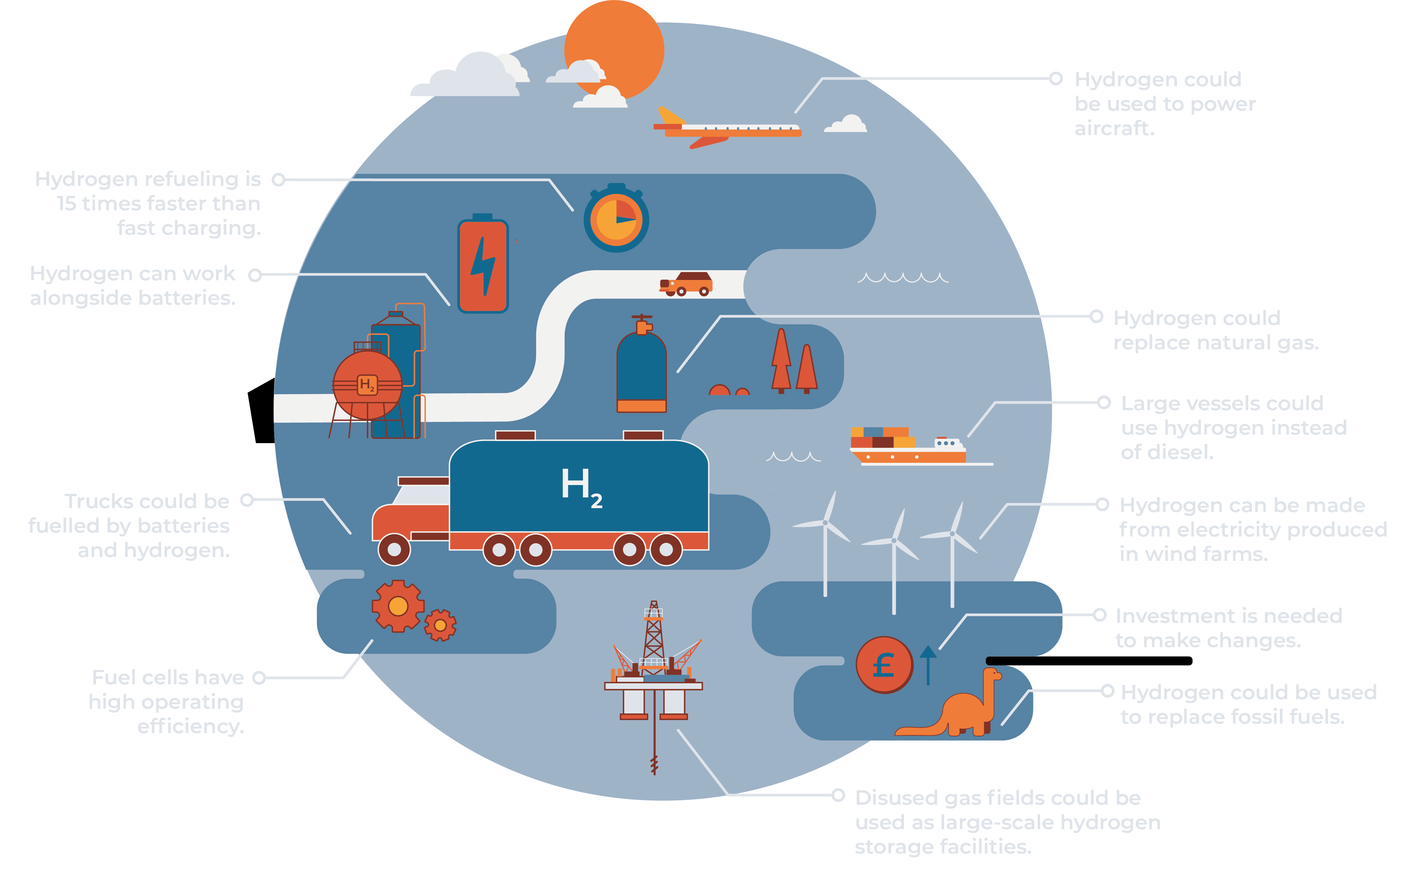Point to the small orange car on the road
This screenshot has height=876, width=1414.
[x=687, y=284]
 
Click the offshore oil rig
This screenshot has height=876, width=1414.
[x=654, y=666]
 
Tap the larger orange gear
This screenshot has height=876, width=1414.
[x=398, y=606]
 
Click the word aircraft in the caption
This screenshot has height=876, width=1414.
[x=1114, y=129]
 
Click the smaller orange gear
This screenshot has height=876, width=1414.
[x=440, y=625]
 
